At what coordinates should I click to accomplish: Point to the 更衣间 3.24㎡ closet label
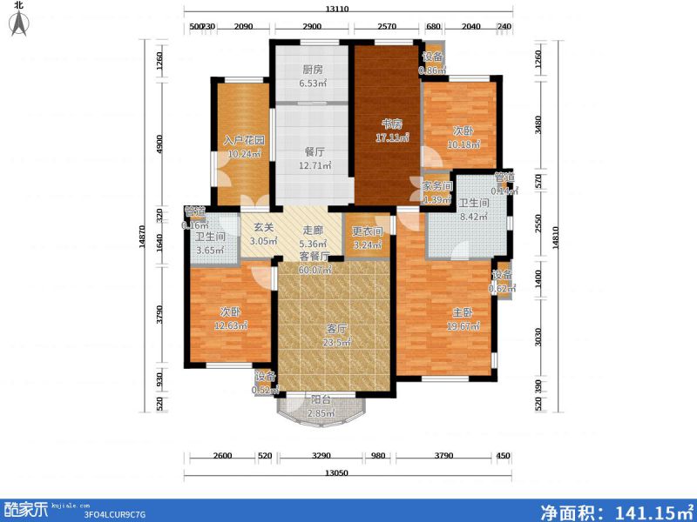[x=367, y=238]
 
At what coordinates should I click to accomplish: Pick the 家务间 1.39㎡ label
[x=438, y=193]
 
